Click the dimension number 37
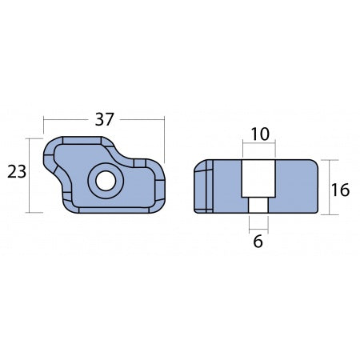click(x=105, y=120)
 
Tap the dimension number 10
click(x=258, y=134)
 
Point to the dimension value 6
click(x=258, y=239)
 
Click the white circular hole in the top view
click(x=104, y=181)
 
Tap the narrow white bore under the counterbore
click(x=258, y=206)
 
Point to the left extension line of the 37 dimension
click(x=44, y=128)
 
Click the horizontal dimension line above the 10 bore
click(x=258, y=145)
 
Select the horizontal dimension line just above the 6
click(x=258, y=225)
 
